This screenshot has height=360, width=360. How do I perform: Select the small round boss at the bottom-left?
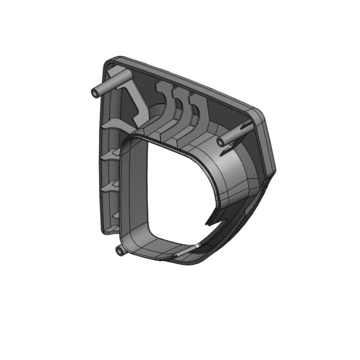(x=119, y=250)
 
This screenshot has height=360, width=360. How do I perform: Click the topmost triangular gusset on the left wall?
(x=112, y=124)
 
